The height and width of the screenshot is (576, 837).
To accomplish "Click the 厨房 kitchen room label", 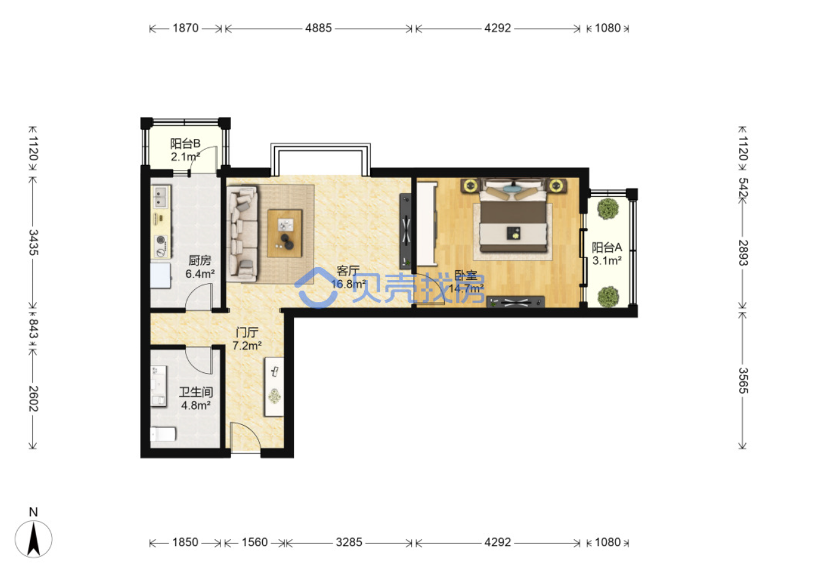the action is click(x=200, y=260).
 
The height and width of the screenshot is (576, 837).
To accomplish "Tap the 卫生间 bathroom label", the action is click(x=196, y=392).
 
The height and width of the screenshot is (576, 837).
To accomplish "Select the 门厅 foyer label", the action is click(x=247, y=332).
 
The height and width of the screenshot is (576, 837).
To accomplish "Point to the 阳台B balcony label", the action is click(x=185, y=143).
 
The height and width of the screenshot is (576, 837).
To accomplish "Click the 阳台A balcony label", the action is click(x=607, y=247).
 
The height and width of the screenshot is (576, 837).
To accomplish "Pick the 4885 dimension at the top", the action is click(x=318, y=28).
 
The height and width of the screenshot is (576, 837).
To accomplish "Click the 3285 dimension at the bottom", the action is click(x=349, y=542).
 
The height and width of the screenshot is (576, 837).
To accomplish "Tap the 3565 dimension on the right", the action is click(x=743, y=380).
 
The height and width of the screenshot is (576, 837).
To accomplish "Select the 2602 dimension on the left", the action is click(x=34, y=399).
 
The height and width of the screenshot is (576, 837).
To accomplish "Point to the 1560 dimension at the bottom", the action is click(x=255, y=542).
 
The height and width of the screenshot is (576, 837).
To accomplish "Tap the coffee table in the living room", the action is click(x=285, y=234).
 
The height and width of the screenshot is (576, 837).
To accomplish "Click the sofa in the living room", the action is click(x=242, y=234).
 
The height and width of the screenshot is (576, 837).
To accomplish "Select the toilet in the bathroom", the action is click(x=163, y=434).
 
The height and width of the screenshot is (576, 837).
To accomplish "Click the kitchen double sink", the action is click(x=161, y=197).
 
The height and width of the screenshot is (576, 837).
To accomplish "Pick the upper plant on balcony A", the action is click(x=608, y=209).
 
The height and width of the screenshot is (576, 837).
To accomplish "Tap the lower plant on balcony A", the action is click(x=608, y=297).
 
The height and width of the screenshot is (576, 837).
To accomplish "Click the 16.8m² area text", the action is click(x=348, y=284).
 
